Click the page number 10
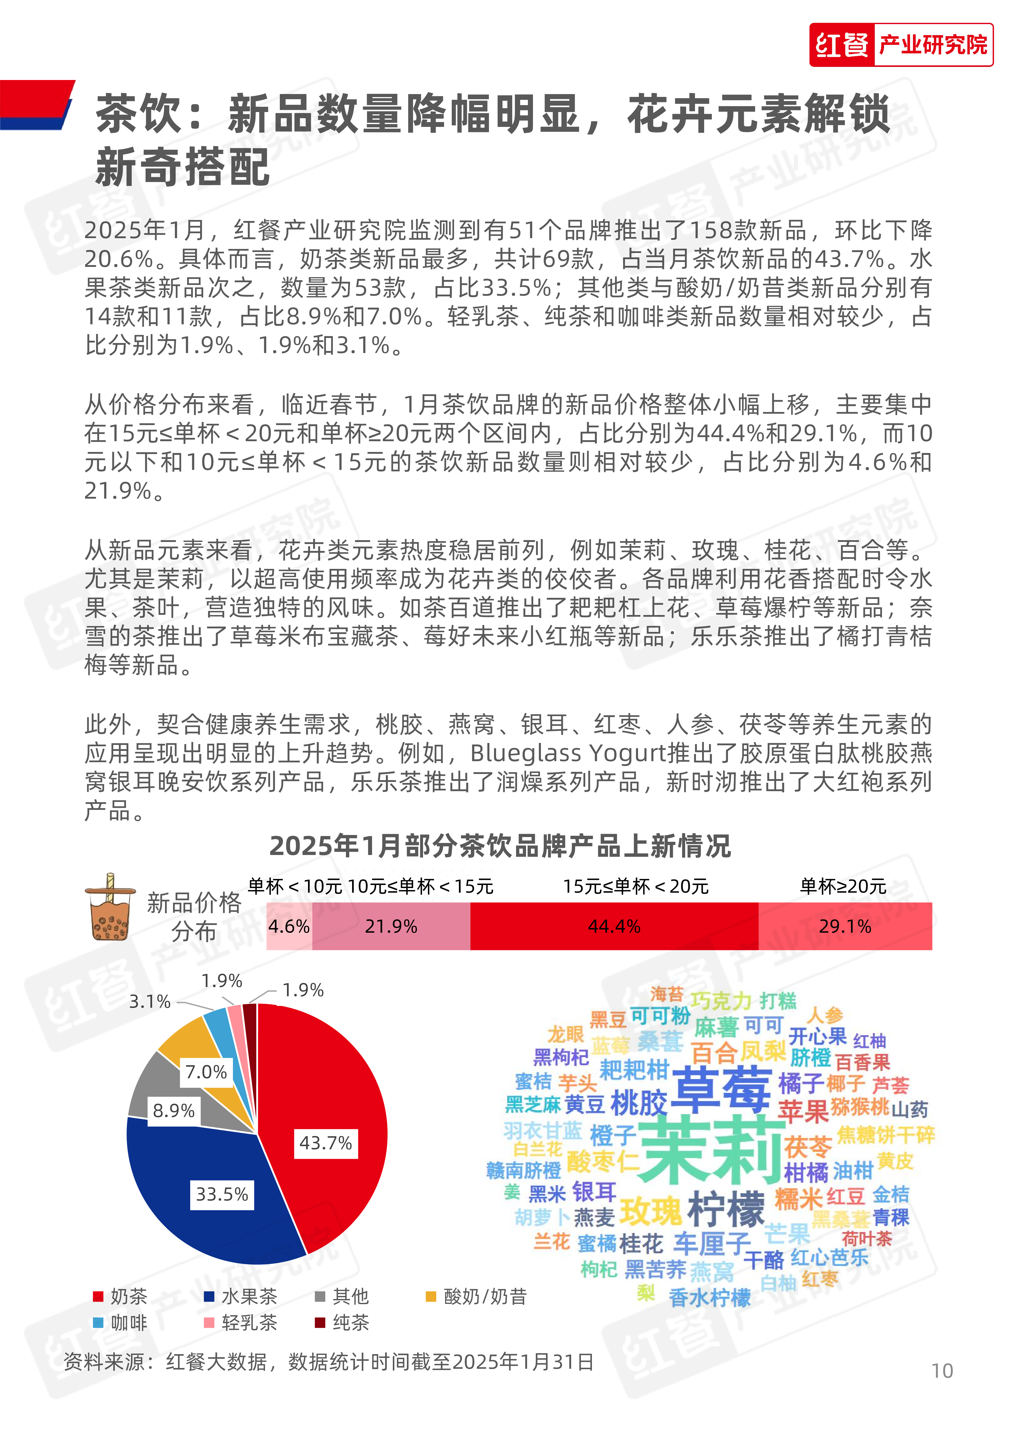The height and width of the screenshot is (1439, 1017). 941,1371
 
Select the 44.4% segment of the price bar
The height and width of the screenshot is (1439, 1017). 614,926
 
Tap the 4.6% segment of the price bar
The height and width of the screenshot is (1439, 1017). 289,926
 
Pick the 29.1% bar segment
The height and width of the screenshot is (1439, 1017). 845,926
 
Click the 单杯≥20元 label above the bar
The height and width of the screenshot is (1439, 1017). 843,886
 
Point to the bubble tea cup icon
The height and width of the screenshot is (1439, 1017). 110,907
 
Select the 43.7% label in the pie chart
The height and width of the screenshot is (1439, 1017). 325,1143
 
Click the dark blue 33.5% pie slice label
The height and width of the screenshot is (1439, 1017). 222,1194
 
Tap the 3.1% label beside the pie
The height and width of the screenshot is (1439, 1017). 150,1002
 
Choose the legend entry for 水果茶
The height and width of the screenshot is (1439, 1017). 241,1296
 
